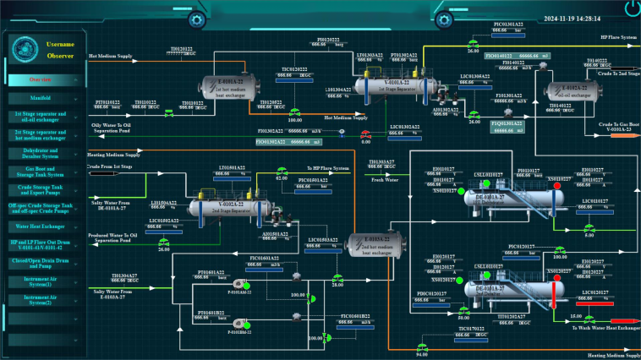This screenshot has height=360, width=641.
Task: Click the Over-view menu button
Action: click(x=41, y=80)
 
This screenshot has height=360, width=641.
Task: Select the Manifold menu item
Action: click(x=41, y=98)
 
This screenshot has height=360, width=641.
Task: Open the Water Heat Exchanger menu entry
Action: click(x=41, y=226)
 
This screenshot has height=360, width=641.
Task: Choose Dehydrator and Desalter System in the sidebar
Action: click(x=41, y=152)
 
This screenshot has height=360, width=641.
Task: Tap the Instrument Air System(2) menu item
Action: click(x=41, y=299)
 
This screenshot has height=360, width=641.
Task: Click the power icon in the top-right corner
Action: click(x=629, y=9)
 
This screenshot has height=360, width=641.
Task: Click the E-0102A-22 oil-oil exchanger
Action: click(x=570, y=90)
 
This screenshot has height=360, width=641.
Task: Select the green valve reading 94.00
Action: click(x=422, y=346)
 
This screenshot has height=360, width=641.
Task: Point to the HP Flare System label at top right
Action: click(x=618, y=38)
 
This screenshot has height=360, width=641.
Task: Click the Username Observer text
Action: click(x=61, y=49)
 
